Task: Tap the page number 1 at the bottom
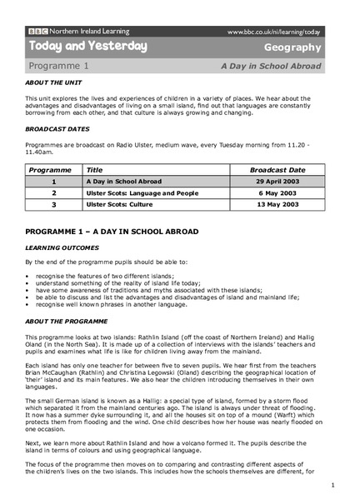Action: pos(332,484)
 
